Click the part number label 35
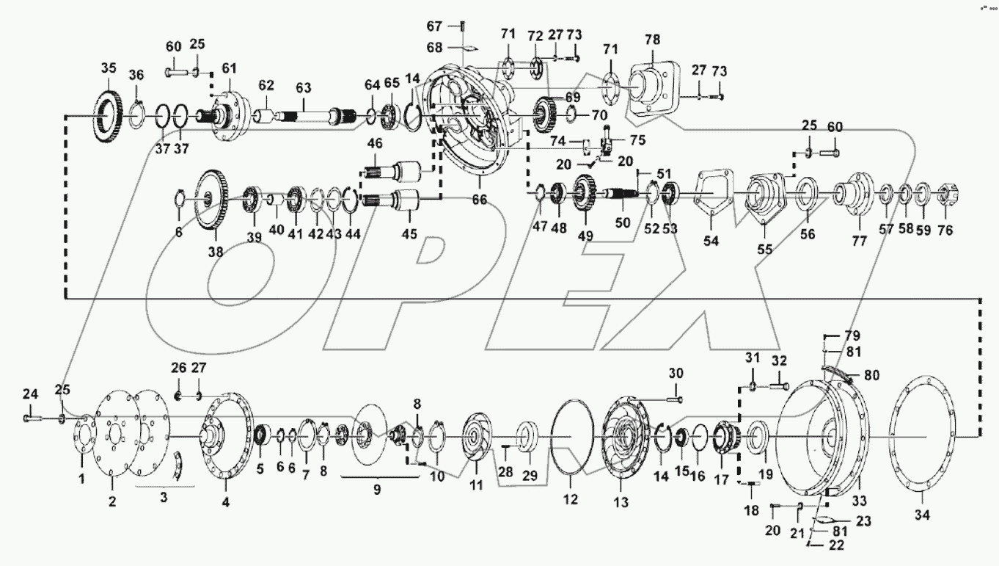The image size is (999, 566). point(108,70)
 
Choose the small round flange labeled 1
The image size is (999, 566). point(82,439)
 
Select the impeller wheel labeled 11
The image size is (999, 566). point(473,440)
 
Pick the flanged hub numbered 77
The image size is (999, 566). point(857,196)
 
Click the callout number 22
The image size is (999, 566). point(835,545)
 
